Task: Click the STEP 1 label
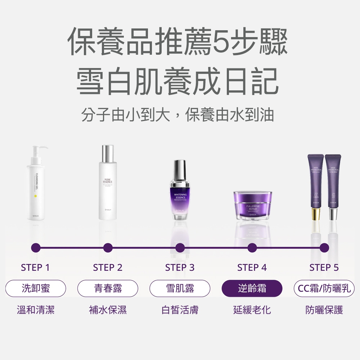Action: tap(35, 267)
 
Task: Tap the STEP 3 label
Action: tap(180, 267)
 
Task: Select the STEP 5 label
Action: tap(324, 267)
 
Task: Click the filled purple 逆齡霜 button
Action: tap(252, 288)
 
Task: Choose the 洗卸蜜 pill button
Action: tap(36, 288)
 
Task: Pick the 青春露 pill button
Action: tap(108, 288)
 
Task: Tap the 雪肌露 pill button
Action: tap(180, 288)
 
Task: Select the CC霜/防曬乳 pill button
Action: tap(324, 288)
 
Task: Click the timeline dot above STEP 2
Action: tap(108, 248)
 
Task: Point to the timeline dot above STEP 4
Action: tap(252, 248)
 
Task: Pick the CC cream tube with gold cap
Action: tap(316, 185)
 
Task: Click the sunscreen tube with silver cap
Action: tap(333, 185)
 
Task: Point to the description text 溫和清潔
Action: tap(36, 310)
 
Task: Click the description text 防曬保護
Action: tap(324, 310)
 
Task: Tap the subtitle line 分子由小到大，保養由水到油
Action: tap(177, 114)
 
